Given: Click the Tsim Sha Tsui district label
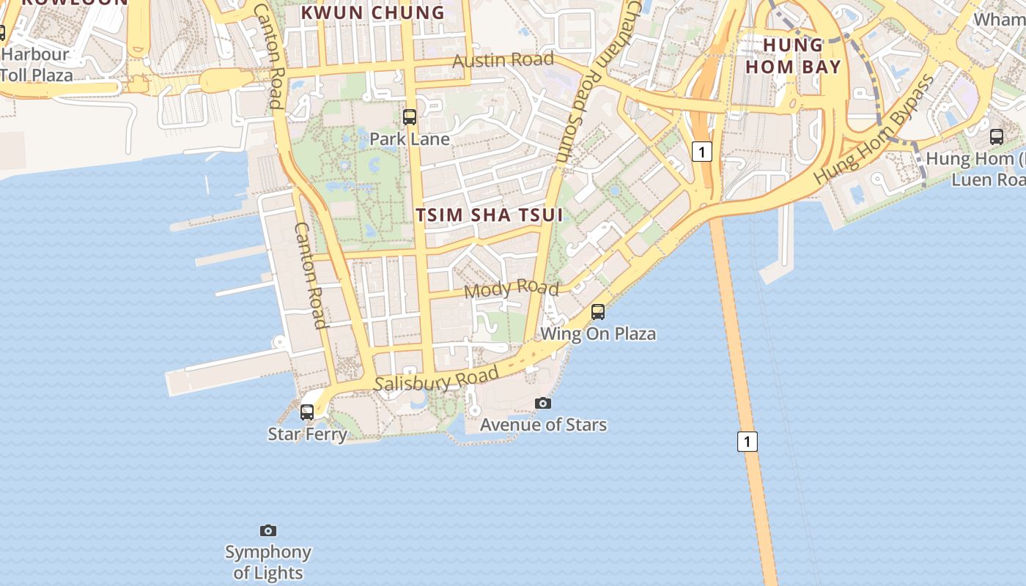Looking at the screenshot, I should [x=490, y=215].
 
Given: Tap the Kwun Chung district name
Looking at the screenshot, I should [x=373, y=12].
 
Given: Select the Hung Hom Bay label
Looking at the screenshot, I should [x=793, y=56].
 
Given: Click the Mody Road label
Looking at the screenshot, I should [x=511, y=289].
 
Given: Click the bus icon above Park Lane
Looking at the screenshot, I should [x=410, y=116].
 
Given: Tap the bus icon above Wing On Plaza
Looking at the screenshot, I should [x=598, y=312].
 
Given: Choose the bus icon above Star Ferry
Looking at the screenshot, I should [x=307, y=412].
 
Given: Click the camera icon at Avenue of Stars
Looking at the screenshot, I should [x=542, y=403].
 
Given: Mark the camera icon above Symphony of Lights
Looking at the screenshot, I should [x=268, y=530].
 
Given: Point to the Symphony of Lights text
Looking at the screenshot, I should [x=268, y=562].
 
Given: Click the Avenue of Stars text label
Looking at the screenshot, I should [x=543, y=425].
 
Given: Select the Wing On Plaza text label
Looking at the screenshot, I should [x=598, y=334].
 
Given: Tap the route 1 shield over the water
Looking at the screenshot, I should [x=747, y=442].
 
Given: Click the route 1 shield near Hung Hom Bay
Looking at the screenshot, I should [x=702, y=152].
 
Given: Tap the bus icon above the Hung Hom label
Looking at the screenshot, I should [x=996, y=137].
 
